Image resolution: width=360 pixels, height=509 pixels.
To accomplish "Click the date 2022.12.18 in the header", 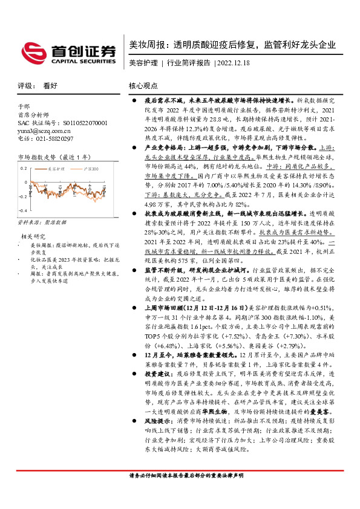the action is pos(232,62).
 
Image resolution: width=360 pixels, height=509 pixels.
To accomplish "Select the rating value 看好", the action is pos(50,86).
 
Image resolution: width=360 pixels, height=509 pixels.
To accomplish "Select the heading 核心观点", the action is pos(143,86).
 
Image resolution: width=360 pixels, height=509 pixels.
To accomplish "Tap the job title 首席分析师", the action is pos(35,115).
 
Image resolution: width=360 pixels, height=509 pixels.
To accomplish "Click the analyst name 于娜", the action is pos(24,107).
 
